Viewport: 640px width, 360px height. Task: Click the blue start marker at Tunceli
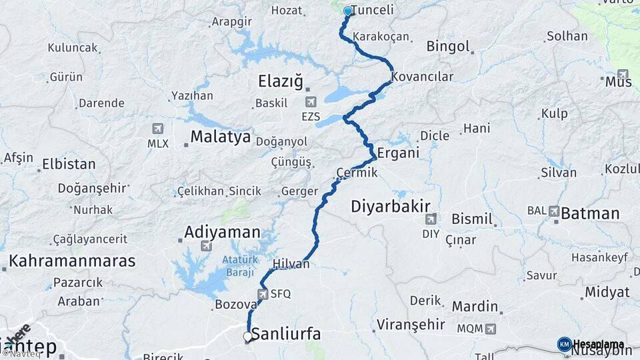pyautogui.click(x=347, y=11)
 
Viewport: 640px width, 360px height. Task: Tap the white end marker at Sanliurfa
pyautogui.click(x=248, y=337)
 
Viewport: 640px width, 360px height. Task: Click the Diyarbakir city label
pyautogui.click(x=391, y=206)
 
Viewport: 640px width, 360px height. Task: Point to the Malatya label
pyautogui.click(x=220, y=137)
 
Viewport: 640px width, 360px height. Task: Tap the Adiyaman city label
pyautogui.click(x=222, y=232)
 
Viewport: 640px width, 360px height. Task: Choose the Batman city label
pyautogui.click(x=590, y=213)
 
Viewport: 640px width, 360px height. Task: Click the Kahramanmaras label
pyautogui.click(x=72, y=261)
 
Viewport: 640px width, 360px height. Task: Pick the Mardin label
pyautogui.click(x=475, y=307)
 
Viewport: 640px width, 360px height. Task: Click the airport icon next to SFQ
pyautogui.click(x=263, y=293)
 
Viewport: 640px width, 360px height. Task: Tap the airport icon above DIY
pyautogui.click(x=431, y=218)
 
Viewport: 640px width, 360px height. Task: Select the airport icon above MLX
pyautogui.click(x=157, y=128)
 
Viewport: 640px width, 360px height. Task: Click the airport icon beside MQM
pyautogui.click(x=491, y=329)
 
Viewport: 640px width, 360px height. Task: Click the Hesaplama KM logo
pyautogui.click(x=565, y=344)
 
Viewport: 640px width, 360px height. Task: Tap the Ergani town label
pyautogui.click(x=398, y=153)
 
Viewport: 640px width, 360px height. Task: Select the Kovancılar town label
pyautogui.click(x=423, y=76)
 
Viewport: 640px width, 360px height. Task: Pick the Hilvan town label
pyautogui.click(x=291, y=264)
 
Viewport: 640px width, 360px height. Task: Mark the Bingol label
pyautogui.click(x=448, y=47)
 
